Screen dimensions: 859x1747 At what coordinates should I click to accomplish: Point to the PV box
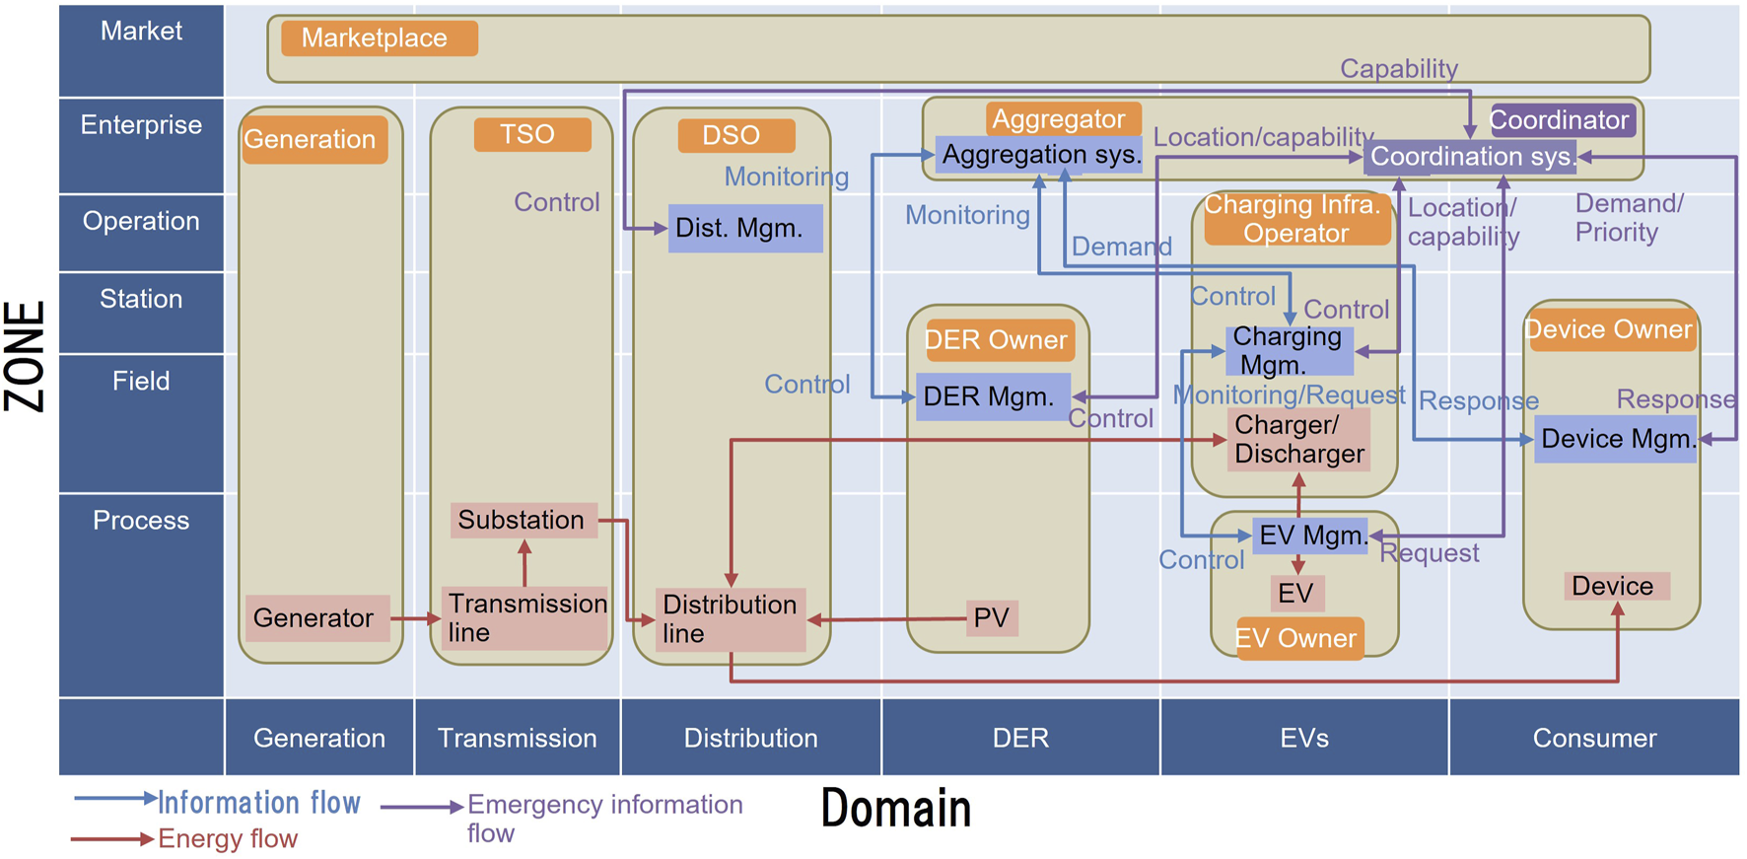991,618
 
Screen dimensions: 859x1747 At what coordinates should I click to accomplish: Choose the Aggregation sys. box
1040,155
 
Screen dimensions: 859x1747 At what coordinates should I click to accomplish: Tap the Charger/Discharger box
1298,440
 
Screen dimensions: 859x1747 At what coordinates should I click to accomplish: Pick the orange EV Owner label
1297,638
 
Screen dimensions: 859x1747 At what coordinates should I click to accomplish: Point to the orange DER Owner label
998,340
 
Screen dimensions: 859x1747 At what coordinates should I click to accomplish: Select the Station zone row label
141,300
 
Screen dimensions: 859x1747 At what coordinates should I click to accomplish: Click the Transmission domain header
517,738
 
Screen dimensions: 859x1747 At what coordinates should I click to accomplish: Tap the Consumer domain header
1593,738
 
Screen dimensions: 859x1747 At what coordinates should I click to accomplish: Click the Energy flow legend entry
227,839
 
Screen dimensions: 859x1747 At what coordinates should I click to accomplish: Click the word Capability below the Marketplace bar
1398,69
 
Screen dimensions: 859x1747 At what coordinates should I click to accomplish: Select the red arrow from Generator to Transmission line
414,618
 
